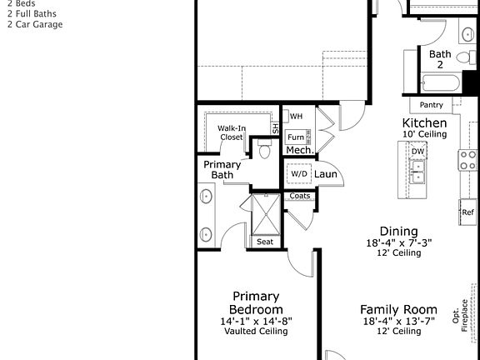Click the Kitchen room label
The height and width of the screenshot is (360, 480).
(425, 122)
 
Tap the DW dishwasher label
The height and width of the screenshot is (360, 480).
(417, 151)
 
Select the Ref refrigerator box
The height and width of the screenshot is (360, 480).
(468, 212)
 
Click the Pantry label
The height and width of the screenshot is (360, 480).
(431, 105)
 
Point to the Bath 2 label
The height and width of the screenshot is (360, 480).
(440, 59)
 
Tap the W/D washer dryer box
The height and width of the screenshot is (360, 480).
(299, 173)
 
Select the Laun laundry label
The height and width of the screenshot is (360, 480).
(326, 173)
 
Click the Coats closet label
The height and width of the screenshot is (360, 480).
(300, 196)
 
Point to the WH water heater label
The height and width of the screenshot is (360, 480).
(296, 116)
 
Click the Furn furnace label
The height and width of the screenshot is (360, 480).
(295, 136)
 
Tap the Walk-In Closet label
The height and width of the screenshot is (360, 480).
(231, 132)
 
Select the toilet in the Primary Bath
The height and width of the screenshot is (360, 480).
(265, 151)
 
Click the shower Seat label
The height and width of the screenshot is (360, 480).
(265, 242)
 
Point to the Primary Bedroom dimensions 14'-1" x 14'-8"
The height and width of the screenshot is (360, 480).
(256, 321)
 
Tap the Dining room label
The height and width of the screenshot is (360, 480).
(398, 231)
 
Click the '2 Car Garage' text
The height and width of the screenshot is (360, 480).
(35, 24)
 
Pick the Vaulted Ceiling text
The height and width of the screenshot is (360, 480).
(256, 331)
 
